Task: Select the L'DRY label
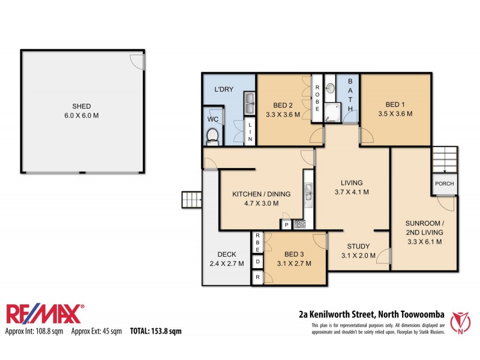pyautogui.click(x=224, y=89)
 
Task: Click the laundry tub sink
pyautogui.click(x=250, y=103)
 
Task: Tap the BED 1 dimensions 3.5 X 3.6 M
pyautogui.click(x=395, y=113)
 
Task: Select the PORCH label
pyautogui.click(x=444, y=184)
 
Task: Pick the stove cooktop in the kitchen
pyautogui.click(x=300, y=224)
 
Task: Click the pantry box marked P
pyautogui.click(x=287, y=225)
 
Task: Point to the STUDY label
pyautogui.click(x=358, y=246)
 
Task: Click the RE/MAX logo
pyautogui.click(x=45, y=314)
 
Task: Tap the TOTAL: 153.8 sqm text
pyautogui.click(x=155, y=331)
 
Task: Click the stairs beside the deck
pyautogui.click(x=191, y=199)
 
